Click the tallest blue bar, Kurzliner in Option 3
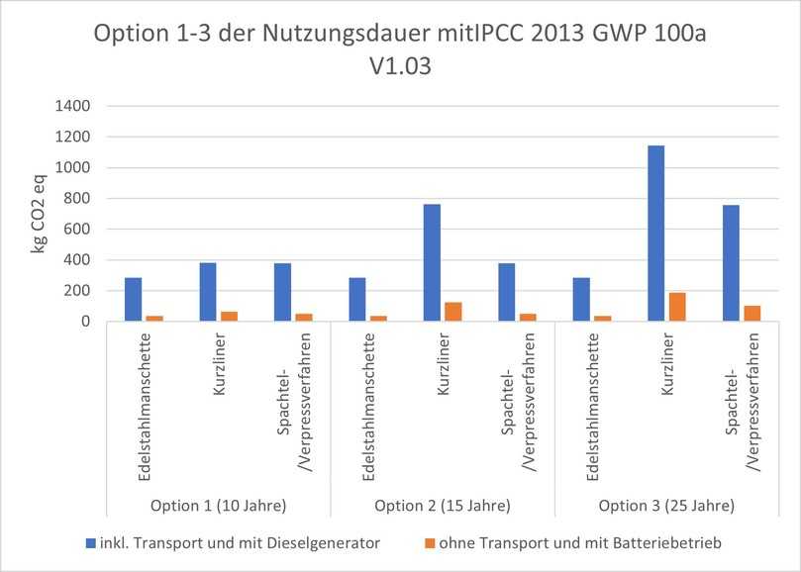pos(655,234)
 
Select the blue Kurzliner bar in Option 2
pos(431,262)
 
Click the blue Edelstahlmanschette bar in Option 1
pos(133,300)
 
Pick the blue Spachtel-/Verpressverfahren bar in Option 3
pos(730,263)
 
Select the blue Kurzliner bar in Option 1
pos(207,292)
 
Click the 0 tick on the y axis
pos(86,322)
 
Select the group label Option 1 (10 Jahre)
pos(218,506)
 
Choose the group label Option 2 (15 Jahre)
pos(442,506)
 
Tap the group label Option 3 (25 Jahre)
pos(665,506)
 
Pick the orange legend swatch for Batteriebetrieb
pos(429,543)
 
